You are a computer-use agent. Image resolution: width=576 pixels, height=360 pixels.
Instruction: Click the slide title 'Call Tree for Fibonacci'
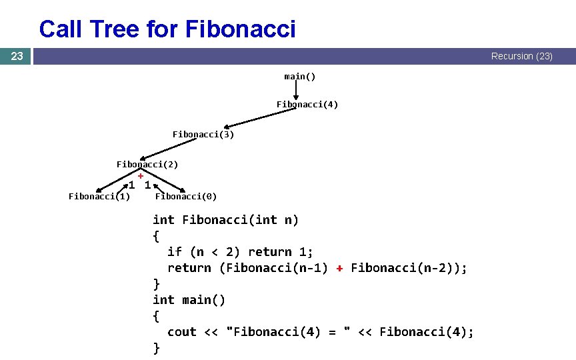(167, 29)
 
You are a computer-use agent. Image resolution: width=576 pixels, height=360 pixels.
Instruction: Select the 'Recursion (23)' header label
(521, 57)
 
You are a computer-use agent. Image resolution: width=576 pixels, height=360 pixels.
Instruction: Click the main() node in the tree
(299, 76)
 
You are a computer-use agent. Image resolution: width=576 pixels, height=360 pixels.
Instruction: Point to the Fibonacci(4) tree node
(307, 105)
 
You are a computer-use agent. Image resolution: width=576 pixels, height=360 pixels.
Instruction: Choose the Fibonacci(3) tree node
(203, 135)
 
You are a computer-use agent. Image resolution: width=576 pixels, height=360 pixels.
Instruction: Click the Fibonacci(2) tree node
(147, 164)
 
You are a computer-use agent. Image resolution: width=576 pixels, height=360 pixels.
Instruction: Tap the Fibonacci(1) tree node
(99, 196)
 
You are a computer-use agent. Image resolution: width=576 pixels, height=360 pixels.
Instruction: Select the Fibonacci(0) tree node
(185, 196)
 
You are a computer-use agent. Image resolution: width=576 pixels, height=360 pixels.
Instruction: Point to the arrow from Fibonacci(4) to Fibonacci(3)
(260, 117)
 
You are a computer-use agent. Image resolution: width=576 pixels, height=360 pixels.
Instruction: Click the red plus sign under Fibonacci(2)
(141, 175)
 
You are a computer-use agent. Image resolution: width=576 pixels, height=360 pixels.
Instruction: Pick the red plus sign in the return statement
(339, 268)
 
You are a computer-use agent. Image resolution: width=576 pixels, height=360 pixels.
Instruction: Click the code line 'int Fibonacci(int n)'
(225, 220)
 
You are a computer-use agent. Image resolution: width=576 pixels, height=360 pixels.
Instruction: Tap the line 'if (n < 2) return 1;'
(240, 252)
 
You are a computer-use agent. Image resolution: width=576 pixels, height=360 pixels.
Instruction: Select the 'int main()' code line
(189, 300)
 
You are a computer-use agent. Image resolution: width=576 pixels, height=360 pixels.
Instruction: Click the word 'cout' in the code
(182, 332)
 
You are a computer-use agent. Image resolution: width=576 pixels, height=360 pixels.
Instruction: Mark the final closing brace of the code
(157, 348)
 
